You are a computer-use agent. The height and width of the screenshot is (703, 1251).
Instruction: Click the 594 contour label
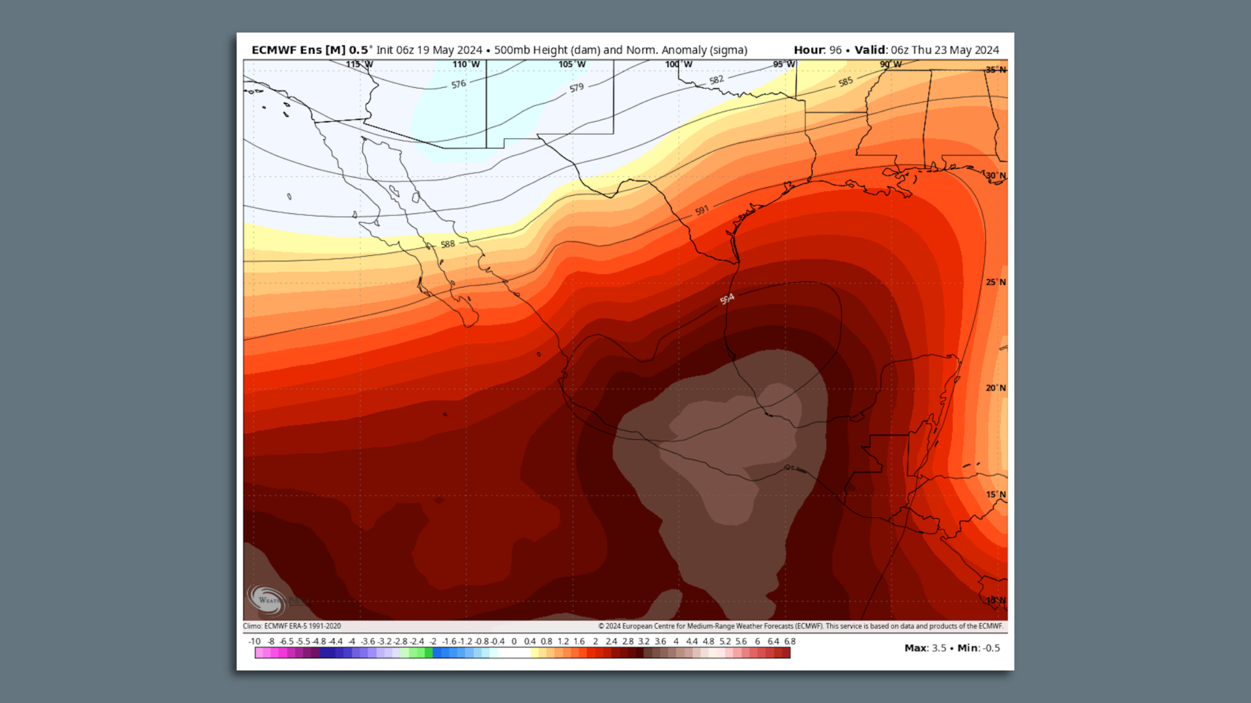click(x=727, y=299)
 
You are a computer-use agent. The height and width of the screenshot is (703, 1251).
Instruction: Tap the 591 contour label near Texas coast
click(x=702, y=211)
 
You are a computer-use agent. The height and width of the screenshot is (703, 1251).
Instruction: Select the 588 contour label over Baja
click(x=448, y=245)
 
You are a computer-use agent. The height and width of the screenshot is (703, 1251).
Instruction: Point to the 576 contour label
click(x=459, y=85)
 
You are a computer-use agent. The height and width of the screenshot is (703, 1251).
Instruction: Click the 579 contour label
click(x=577, y=88)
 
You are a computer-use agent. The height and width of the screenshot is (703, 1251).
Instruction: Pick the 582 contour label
click(x=717, y=80)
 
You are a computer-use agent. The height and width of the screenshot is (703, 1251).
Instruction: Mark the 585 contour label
click(x=846, y=82)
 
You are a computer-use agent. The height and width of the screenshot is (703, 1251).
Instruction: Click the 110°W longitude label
click(x=466, y=64)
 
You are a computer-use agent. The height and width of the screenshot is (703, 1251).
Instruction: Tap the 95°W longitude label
click(x=784, y=64)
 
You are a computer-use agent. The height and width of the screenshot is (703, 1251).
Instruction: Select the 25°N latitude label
click(x=995, y=283)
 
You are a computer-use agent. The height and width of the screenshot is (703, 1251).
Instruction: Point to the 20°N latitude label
click(x=995, y=388)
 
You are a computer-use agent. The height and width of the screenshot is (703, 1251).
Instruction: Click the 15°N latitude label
click(x=995, y=495)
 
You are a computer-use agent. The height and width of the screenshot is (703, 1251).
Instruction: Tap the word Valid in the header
click(x=870, y=50)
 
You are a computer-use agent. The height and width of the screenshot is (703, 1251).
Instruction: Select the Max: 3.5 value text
click(x=925, y=648)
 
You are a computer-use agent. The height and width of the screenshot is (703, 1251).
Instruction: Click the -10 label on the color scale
click(x=254, y=642)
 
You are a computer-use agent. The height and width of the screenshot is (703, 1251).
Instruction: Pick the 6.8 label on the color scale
click(x=790, y=642)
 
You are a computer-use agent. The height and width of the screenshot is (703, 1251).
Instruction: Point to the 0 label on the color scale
click(x=514, y=642)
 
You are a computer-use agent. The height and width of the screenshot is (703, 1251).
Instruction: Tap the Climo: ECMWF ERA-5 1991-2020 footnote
click(x=292, y=626)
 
